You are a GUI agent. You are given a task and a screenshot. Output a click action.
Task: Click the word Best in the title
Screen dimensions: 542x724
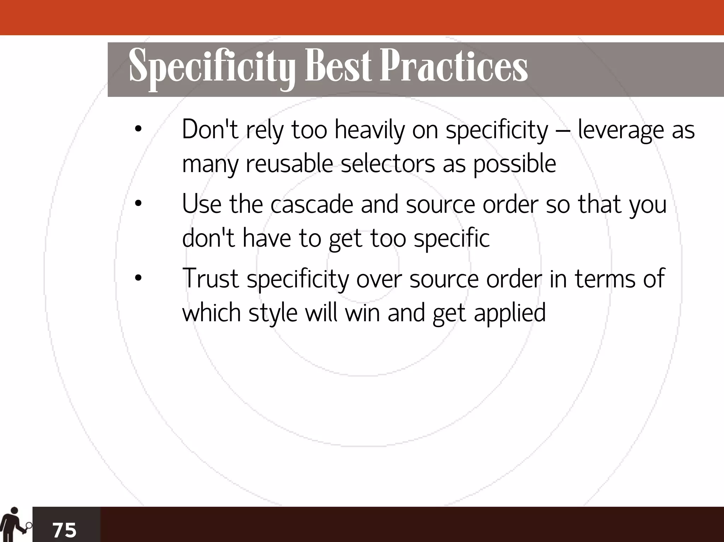338,66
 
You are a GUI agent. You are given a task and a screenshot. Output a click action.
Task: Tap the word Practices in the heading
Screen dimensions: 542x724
453,66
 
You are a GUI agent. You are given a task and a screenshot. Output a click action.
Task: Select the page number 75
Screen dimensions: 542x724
64,530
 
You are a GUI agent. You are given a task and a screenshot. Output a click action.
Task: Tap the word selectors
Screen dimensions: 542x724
388,164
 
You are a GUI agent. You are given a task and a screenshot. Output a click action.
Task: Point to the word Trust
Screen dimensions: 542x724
210,278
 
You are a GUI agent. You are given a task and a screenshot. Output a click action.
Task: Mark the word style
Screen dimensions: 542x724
273,313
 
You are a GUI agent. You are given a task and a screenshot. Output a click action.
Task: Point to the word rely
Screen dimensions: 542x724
265,130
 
